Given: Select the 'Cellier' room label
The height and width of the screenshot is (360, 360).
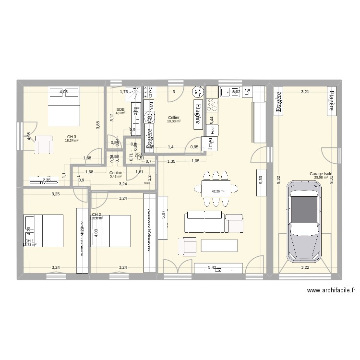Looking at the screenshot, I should click(x=174, y=118).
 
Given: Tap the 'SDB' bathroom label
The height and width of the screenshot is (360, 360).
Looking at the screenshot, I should click(x=120, y=109).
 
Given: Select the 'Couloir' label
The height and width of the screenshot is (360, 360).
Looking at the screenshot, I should click(x=115, y=173).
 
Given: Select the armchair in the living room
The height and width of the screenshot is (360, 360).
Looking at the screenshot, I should click(x=188, y=246).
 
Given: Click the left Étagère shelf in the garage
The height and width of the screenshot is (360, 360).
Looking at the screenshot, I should click(x=279, y=101).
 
